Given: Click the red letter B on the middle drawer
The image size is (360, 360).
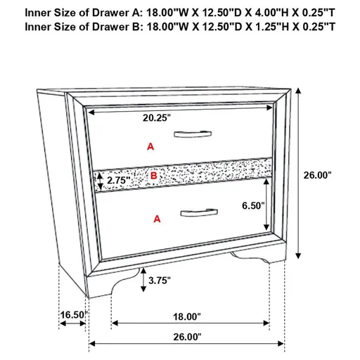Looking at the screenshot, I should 155,174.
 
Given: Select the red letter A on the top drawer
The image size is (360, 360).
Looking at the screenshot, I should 149,146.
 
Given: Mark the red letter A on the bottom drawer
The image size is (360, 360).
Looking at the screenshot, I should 156,219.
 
